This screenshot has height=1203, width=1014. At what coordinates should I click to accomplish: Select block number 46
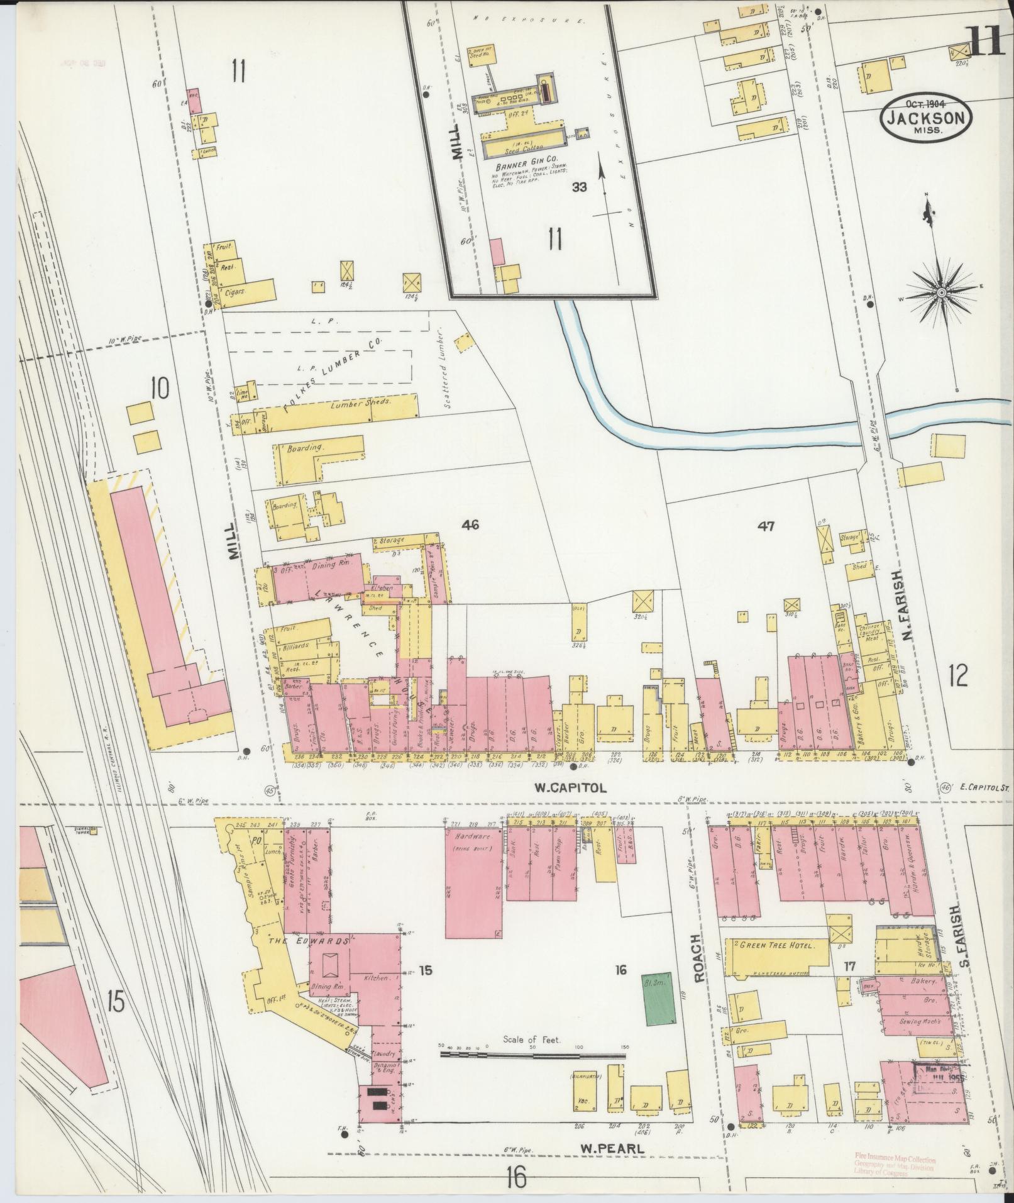click(x=470, y=524)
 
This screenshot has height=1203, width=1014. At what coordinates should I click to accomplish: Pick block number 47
click(x=765, y=526)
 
